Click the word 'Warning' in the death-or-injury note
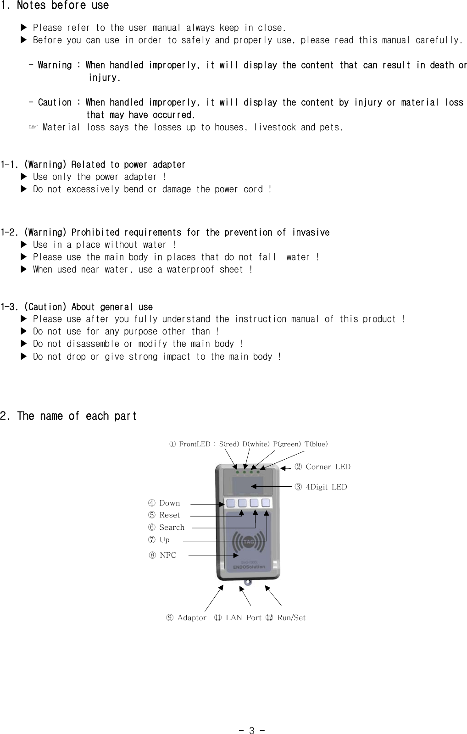click(55, 65)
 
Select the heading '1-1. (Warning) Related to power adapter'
click(93, 164)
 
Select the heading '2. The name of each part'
click(68, 416)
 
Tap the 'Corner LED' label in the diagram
click(328, 467)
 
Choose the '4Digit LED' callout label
click(326, 487)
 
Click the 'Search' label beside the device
click(171, 528)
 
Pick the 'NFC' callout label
click(167, 555)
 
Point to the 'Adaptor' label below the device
click(191, 617)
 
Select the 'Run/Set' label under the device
click(291, 617)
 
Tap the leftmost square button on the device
click(230, 503)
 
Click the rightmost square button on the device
click(266, 503)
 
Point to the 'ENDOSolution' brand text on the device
click(249, 567)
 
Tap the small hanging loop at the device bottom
click(248, 583)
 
